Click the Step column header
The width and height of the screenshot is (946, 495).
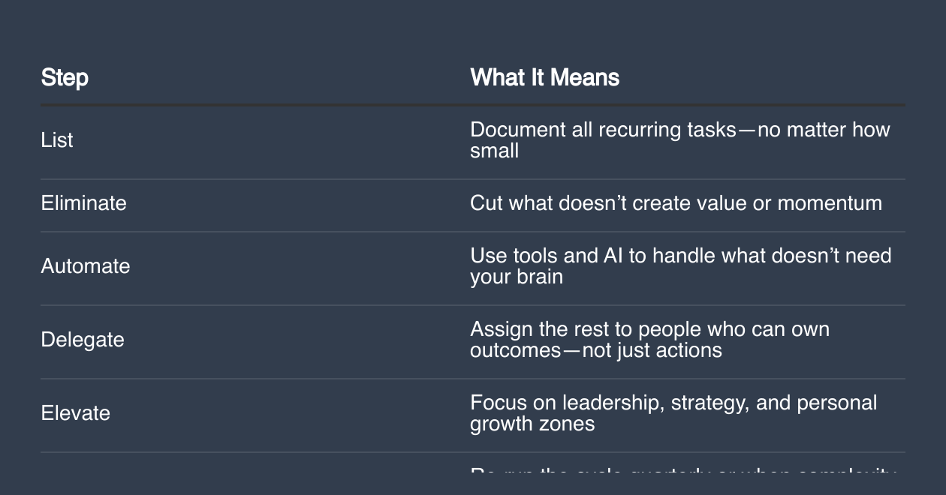(65, 77)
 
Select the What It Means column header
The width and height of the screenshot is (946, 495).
(544, 77)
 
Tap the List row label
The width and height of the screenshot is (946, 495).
(57, 140)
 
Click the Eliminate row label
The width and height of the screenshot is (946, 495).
(83, 203)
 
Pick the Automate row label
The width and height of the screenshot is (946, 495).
(85, 266)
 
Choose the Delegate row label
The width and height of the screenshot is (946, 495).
(83, 340)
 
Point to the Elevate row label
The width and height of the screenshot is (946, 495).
(75, 413)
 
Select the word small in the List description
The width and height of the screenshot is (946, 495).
(494, 151)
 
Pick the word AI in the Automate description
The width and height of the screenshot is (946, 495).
(613, 256)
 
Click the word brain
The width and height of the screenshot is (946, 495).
(539, 277)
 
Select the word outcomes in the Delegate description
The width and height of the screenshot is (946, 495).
(515, 350)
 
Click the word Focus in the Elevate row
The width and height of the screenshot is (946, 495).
(499, 403)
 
